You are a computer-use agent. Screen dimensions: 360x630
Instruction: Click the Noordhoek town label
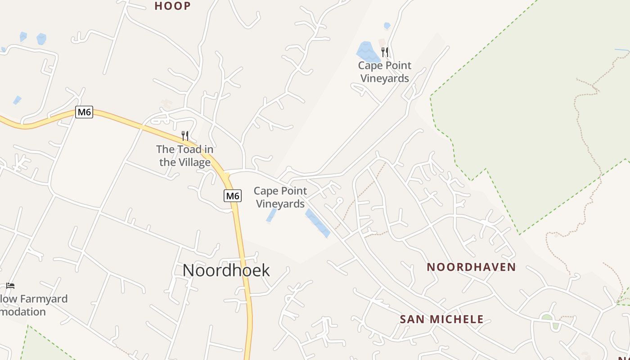(226, 270)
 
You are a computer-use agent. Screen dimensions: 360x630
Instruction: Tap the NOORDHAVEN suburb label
(471, 267)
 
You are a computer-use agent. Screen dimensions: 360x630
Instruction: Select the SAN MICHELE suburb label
(441, 319)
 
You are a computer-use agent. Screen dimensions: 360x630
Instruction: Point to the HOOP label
(172, 6)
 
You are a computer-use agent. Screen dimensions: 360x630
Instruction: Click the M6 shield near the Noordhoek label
(232, 196)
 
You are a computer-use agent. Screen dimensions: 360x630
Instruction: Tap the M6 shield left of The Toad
(84, 112)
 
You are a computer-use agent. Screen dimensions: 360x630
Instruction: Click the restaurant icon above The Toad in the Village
(184, 135)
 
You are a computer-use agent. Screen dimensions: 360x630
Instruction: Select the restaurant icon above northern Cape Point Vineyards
(385, 52)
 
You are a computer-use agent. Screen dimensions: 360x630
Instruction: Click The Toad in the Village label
(184, 156)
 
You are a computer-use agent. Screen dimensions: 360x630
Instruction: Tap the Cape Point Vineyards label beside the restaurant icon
(385, 72)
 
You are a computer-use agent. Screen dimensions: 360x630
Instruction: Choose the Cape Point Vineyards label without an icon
(280, 198)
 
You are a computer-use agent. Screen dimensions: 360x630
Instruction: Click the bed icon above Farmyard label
(10, 285)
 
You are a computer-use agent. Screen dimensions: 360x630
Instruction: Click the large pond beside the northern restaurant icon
(368, 52)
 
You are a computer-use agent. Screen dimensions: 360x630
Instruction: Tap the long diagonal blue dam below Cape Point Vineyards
(318, 223)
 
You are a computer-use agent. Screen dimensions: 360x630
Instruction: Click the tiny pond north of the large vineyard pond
(387, 26)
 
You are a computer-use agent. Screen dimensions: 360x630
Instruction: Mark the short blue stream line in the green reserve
(622, 50)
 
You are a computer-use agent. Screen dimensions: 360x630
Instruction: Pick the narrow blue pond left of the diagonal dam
(271, 216)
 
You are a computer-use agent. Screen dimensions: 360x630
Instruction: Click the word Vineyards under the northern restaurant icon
(385, 78)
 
